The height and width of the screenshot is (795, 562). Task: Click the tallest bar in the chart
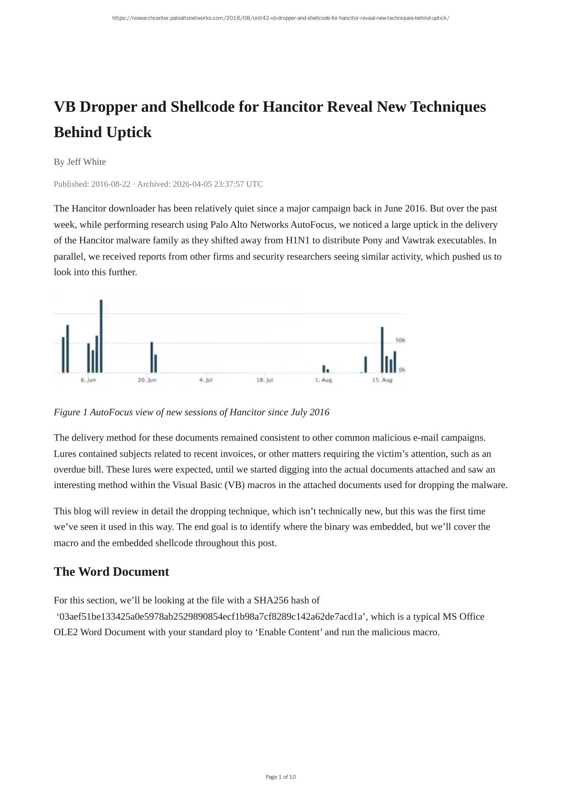point(101,336)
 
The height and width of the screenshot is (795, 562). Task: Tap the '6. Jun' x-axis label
point(88,380)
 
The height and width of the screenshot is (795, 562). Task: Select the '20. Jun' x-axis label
point(147,380)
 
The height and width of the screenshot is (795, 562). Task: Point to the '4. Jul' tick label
point(206,380)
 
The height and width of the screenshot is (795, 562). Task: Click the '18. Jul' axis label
point(265,380)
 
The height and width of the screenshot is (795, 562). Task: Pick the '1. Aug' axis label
point(324,380)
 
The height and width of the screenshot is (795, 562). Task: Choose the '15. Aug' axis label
point(382,380)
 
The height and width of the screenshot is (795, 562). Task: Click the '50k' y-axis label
point(400,340)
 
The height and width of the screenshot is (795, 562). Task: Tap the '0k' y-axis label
point(402,370)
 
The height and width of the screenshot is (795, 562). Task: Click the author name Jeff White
point(86,162)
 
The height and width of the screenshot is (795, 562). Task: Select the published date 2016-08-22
point(110,184)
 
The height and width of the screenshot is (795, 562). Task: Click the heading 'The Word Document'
point(111,571)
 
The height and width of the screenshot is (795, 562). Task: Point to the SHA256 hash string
point(212,617)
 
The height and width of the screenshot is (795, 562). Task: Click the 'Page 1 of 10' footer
point(281,777)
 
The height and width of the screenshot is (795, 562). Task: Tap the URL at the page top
point(281,18)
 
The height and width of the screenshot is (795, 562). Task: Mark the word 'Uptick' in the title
point(129,132)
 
